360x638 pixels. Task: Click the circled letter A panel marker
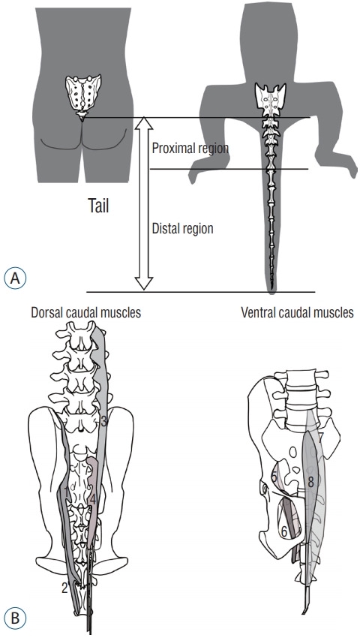click(x=15, y=278)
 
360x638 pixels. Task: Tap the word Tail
click(x=99, y=206)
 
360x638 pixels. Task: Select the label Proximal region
click(x=190, y=148)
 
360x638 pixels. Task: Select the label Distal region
click(x=182, y=228)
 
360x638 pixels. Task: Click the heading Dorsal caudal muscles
click(x=85, y=312)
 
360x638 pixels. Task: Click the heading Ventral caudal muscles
click(x=297, y=312)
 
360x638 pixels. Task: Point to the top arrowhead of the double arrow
click(x=144, y=123)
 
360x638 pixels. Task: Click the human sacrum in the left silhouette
click(x=84, y=95)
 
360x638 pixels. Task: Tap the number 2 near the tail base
click(x=64, y=588)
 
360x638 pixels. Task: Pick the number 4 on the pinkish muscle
click(x=93, y=499)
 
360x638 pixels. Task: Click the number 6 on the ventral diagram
click(x=284, y=530)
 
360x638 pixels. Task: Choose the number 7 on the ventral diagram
click(x=320, y=438)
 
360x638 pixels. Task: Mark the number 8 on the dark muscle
click(x=310, y=483)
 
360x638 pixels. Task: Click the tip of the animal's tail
click(x=271, y=292)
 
